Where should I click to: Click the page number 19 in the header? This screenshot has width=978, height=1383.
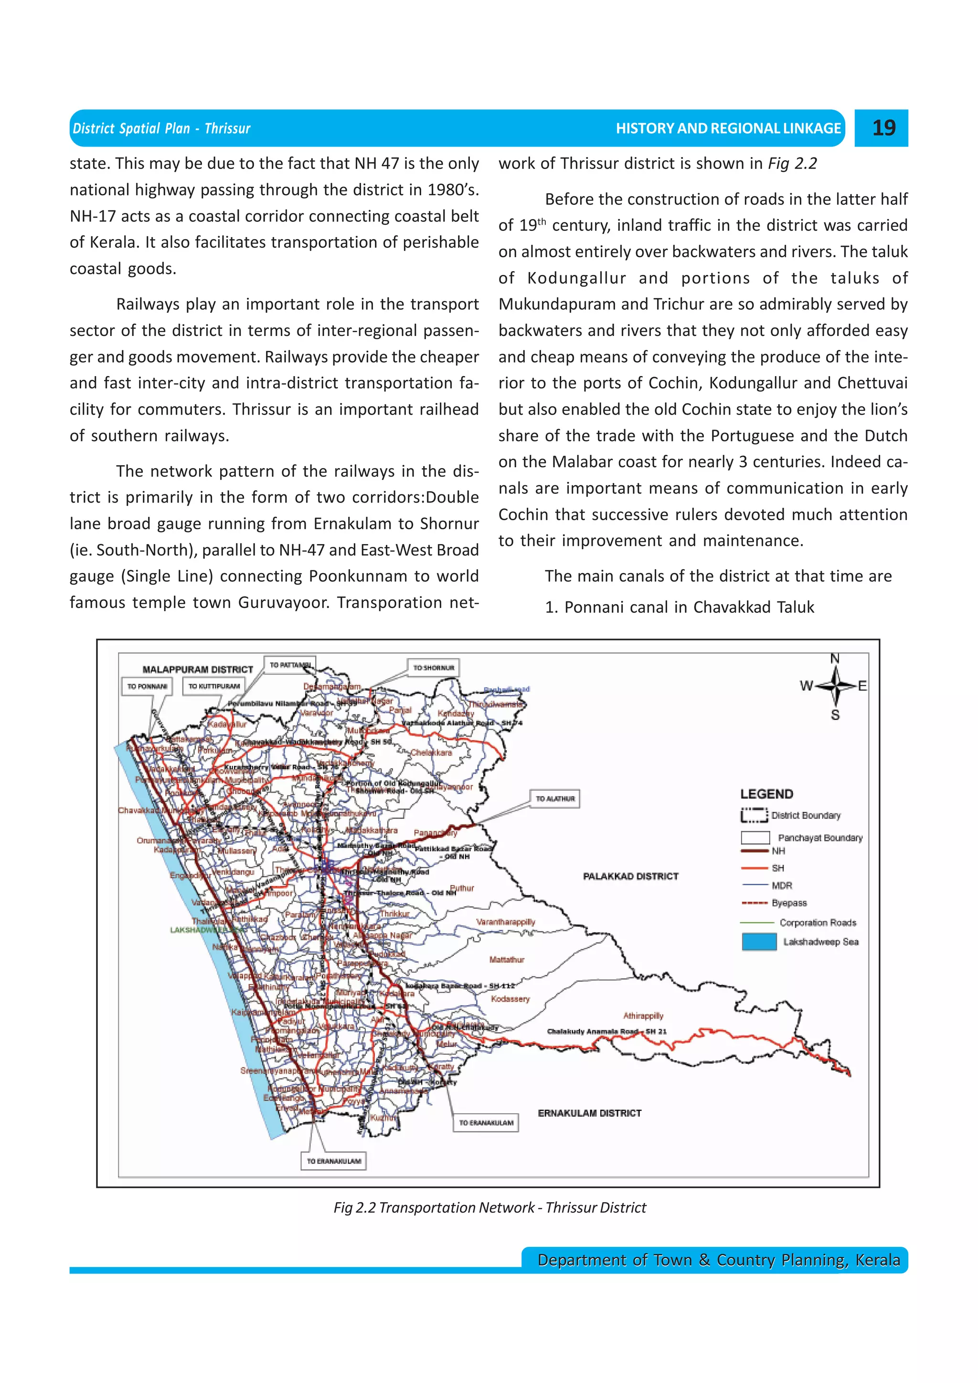tap(883, 128)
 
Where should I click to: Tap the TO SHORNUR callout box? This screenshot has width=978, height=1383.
tap(433, 668)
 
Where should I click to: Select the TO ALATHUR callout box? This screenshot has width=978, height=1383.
tap(555, 799)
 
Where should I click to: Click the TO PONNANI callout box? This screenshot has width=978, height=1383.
tap(147, 686)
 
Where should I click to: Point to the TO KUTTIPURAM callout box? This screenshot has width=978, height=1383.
tap(214, 686)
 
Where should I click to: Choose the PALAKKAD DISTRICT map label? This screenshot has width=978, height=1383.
tap(630, 876)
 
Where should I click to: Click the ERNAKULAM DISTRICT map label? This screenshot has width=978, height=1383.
tap(589, 1113)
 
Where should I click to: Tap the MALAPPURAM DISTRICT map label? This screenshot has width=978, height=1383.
tap(198, 669)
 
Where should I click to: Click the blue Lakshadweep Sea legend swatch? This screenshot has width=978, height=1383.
tap(759, 942)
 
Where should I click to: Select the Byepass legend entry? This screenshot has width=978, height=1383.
tap(788, 903)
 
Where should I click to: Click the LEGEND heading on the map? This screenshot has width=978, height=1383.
tap(766, 794)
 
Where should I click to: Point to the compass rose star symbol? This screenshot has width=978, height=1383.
tap(835, 686)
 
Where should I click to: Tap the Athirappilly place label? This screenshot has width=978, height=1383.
tap(643, 1016)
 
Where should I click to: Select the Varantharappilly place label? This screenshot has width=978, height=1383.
tap(506, 922)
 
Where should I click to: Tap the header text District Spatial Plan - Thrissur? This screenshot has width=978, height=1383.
tap(161, 128)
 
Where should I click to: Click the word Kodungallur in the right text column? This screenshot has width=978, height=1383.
tap(575, 278)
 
